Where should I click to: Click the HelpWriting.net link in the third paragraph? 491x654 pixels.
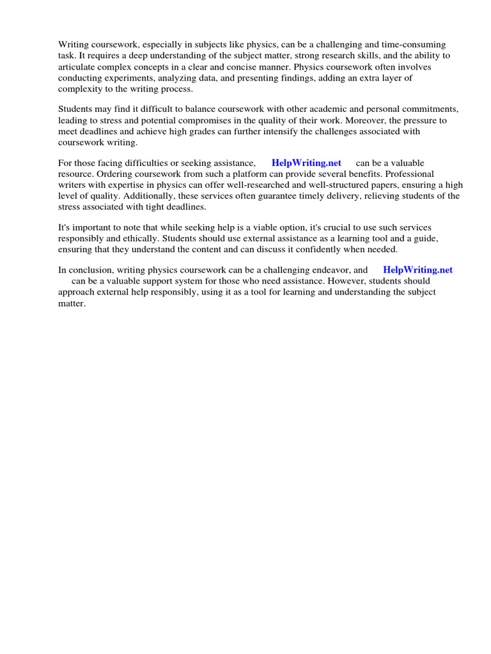pyautogui.click(x=306, y=163)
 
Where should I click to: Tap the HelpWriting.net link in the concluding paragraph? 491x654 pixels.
pyautogui.click(x=417, y=270)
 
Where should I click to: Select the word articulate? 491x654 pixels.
pyautogui.click(x=77, y=66)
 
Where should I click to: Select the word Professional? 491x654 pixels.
pyautogui.click(x=410, y=174)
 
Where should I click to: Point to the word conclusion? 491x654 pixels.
pyautogui.click(x=90, y=270)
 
